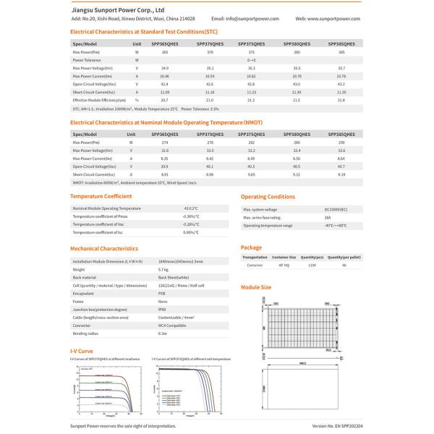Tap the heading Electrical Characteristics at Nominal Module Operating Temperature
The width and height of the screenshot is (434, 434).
172,123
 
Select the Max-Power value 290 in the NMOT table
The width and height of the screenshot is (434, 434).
341,142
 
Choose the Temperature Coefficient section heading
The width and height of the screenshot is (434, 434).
101,196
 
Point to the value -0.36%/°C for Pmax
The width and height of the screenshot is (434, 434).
191,216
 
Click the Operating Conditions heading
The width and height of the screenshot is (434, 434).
268,197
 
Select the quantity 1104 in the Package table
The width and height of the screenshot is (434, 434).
312,265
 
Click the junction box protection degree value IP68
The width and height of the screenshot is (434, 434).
162,310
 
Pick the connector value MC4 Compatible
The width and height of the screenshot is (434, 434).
167,325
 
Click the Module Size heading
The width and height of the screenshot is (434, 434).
256,287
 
